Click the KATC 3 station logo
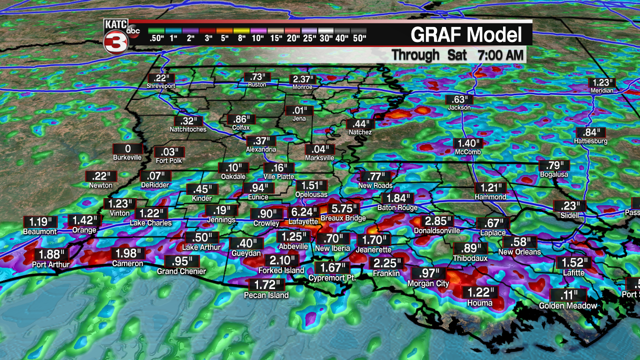coord(116,36)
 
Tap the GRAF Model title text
coord(466,35)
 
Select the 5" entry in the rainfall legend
coord(225,34)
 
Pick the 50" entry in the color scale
coord(359,34)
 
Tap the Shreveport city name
coord(160,86)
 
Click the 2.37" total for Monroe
coord(303,79)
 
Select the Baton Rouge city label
coord(393,207)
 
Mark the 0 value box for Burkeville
coord(127,148)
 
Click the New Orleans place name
coord(519,252)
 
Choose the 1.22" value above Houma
coord(479,293)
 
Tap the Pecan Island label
coord(266,295)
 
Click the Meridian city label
coord(601,90)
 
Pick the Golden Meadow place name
coord(567,305)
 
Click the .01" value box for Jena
coord(299,110)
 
